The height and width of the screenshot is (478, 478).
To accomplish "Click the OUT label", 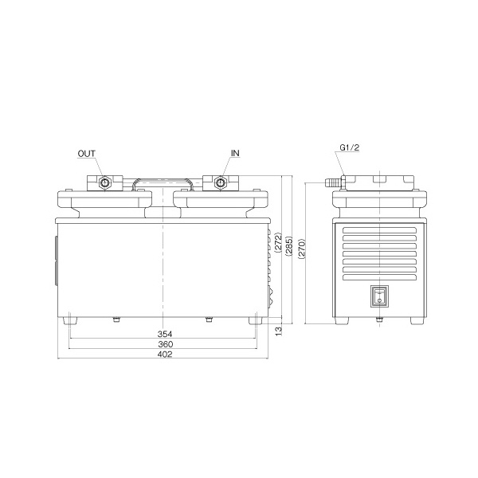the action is pyautogui.click(x=87, y=154).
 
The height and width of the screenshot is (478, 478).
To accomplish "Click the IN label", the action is pyautogui.click(x=235, y=153).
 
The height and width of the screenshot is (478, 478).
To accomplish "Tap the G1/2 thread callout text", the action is pyautogui.click(x=350, y=147).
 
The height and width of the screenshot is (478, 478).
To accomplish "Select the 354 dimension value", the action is pyautogui.click(x=165, y=334).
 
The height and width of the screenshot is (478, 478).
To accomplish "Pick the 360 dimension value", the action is pyautogui.click(x=166, y=344).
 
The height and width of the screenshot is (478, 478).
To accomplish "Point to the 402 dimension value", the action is pyautogui.click(x=165, y=355).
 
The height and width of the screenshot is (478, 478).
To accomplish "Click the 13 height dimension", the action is pyautogui.click(x=279, y=331).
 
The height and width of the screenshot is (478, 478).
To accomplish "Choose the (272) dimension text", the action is pyautogui.click(x=278, y=243).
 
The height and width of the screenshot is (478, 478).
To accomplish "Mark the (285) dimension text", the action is pyautogui.click(x=288, y=246).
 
